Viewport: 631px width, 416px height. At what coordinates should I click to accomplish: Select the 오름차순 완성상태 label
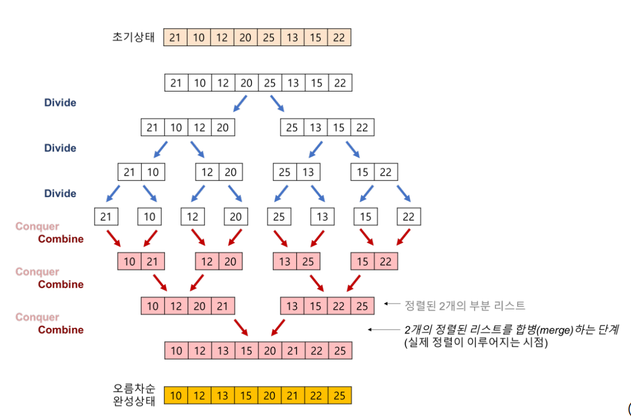(134, 395)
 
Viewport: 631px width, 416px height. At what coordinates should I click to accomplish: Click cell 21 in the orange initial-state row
(175, 38)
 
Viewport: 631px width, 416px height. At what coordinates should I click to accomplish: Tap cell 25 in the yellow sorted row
(340, 396)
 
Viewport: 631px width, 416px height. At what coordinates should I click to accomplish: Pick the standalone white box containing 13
(322, 217)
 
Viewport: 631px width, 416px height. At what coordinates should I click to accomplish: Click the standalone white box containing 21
(106, 217)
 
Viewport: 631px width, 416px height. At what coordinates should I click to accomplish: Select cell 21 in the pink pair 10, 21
(152, 262)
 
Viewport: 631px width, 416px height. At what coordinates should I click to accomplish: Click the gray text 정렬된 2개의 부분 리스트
(465, 305)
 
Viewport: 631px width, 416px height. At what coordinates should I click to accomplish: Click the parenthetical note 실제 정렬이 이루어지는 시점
(475, 342)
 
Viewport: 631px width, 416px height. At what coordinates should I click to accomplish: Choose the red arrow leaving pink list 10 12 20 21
(241, 328)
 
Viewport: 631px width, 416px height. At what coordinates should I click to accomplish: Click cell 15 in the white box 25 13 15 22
(339, 127)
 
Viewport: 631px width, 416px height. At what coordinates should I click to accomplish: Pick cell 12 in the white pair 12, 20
(207, 172)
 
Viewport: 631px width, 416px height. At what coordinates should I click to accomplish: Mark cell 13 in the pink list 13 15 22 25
(292, 306)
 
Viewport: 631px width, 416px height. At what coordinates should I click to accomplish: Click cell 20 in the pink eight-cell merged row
(269, 351)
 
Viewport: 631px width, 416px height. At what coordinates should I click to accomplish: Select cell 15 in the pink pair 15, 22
(362, 262)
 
